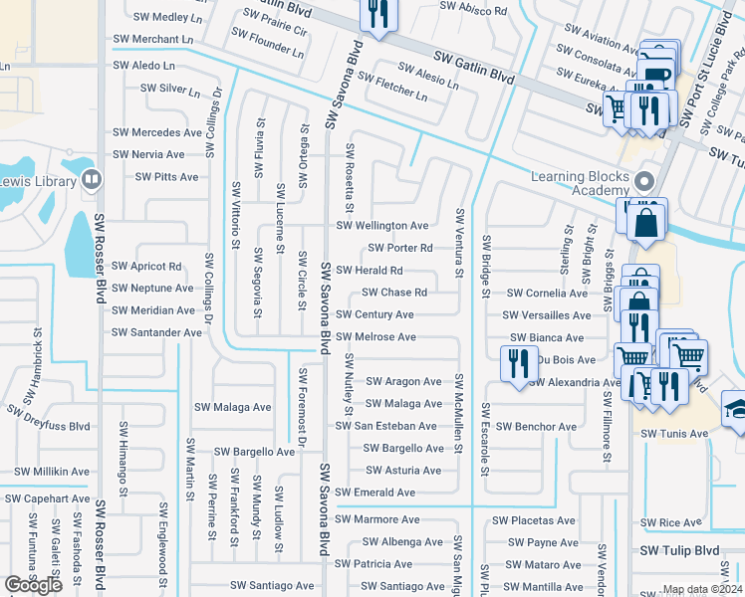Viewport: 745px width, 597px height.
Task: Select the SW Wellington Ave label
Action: [x=382, y=226]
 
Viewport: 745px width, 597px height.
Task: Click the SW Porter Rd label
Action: [x=399, y=248]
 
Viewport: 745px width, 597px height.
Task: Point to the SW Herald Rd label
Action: [x=370, y=271]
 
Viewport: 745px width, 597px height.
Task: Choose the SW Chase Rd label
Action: [x=393, y=293]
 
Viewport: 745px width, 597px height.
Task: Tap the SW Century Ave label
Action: [x=374, y=314]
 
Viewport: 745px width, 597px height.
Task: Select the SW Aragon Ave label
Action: [x=403, y=382]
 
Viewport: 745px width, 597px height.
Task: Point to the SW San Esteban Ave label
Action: [x=385, y=426]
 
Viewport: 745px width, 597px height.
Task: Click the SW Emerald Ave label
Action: [x=374, y=493]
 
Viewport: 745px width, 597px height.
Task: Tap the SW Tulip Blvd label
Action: [x=679, y=550]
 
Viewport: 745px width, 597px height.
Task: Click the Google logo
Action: [x=35, y=585]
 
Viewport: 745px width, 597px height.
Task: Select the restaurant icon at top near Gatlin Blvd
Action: [x=376, y=14]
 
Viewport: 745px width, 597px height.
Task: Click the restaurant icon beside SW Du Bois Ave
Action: [x=515, y=363]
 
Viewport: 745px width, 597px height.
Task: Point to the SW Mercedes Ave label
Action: [x=156, y=132]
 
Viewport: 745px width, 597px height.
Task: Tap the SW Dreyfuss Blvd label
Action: [x=48, y=418]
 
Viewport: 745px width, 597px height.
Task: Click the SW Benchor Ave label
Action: [x=536, y=427]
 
